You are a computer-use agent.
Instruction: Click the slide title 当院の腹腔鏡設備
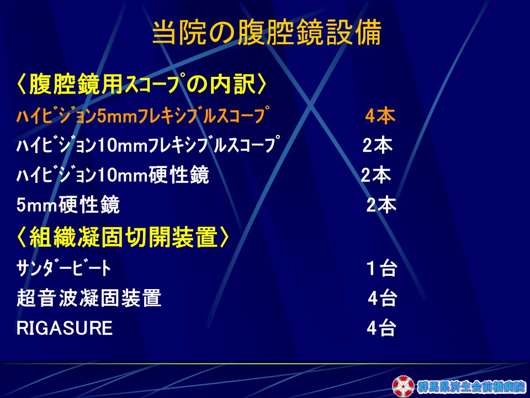click(267, 33)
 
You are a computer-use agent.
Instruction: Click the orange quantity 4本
click(380, 116)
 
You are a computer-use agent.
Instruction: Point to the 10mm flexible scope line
click(148, 145)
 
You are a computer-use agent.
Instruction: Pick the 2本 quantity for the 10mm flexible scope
click(378, 145)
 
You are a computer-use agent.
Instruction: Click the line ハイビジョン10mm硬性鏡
click(113, 175)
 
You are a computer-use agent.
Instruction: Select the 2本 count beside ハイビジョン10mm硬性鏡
click(376, 175)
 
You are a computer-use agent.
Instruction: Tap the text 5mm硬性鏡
click(68, 205)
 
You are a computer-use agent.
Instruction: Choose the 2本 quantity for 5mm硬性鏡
click(381, 205)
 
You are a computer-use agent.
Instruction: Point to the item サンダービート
click(63, 268)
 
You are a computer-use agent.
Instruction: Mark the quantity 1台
click(382, 269)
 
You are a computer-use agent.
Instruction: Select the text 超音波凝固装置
click(89, 298)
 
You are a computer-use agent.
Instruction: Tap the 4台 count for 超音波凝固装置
click(382, 298)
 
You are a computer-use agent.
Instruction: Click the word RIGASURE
click(65, 328)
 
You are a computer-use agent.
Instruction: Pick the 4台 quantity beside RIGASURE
click(381, 328)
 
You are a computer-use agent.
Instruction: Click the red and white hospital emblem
click(403, 386)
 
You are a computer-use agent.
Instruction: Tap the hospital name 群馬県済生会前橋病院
click(471, 386)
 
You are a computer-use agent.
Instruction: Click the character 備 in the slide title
click(369, 33)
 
